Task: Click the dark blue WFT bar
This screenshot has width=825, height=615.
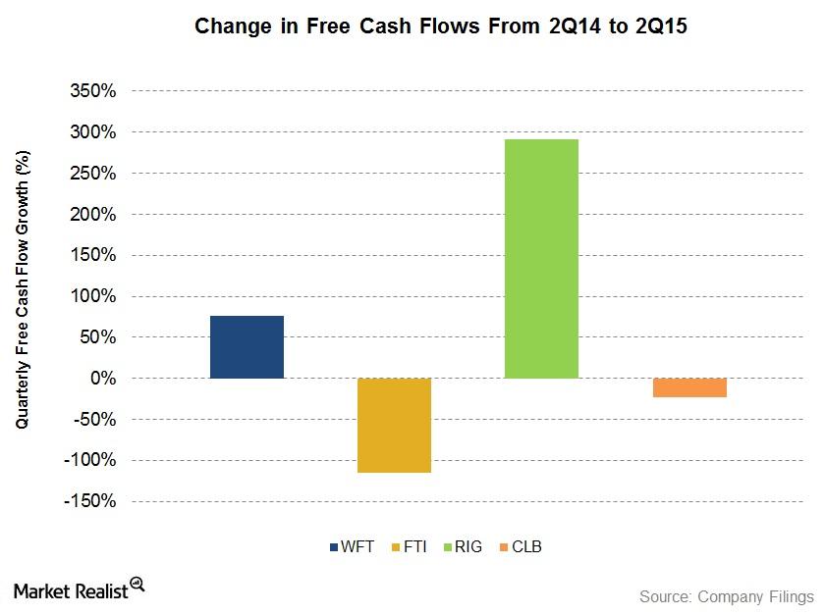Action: [x=247, y=347]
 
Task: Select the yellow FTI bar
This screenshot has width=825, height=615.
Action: [x=394, y=426]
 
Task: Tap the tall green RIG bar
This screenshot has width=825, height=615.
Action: [x=541, y=259]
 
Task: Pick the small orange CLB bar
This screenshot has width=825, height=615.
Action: [x=689, y=387]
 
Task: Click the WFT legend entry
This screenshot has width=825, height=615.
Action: [x=352, y=546]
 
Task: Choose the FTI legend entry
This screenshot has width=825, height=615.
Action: [x=410, y=546]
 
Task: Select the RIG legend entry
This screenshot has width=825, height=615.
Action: [x=463, y=546]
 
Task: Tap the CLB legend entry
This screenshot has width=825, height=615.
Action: [x=521, y=546]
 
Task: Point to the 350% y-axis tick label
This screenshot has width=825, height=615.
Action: [x=93, y=91]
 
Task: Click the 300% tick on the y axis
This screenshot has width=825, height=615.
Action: [x=93, y=132]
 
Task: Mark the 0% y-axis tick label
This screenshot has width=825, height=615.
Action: [x=103, y=378]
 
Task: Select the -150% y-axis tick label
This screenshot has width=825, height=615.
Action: [x=90, y=501]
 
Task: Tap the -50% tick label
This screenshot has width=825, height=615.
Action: [x=94, y=420]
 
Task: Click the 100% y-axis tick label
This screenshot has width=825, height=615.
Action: [x=93, y=296]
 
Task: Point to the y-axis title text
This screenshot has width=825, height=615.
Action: [x=22, y=289]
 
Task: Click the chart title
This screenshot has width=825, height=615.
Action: [x=441, y=26]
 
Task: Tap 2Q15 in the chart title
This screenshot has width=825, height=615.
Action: [x=661, y=26]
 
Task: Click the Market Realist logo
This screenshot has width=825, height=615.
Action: [x=79, y=589]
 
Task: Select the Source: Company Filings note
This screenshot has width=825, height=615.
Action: [x=727, y=596]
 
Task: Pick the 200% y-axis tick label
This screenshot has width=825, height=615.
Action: [x=93, y=214]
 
